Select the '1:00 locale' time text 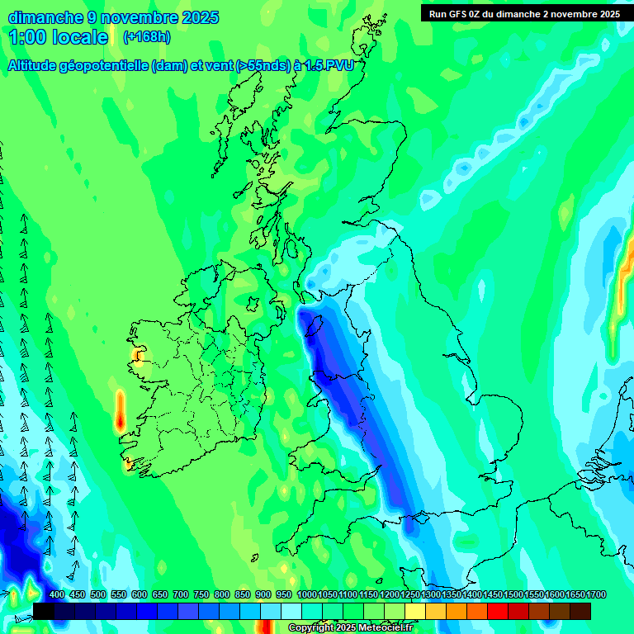click(x=59, y=37)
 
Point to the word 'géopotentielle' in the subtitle click(x=104, y=66)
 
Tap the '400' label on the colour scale click(x=57, y=594)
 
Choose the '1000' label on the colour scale click(x=307, y=594)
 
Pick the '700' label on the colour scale click(x=181, y=594)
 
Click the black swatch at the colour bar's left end click(x=44, y=611)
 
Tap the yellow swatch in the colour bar click(x=415, y=611)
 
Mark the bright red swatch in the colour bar click(x=498, y=611)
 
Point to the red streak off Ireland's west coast click(x=121, y=410)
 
